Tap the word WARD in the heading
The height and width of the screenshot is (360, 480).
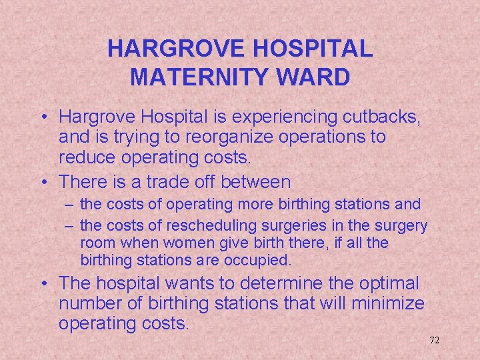[x=318, y=77]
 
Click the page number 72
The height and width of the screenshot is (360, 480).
[x=434, y=340]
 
